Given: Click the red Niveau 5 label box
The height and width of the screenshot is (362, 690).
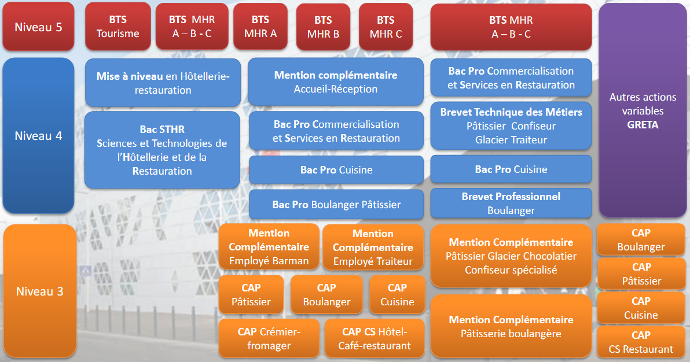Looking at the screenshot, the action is (x=38, y=27).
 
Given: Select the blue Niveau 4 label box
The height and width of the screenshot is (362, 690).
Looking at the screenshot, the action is (x=38, y=135).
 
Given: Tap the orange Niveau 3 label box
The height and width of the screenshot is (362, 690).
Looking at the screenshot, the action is (x=39, y=291).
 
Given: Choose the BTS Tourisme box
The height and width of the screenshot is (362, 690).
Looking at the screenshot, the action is (x=118, y=27).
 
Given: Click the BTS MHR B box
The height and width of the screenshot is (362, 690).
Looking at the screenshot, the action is (x=324, y=27).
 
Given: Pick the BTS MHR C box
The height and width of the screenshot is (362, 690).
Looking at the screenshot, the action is (x=386, y=27).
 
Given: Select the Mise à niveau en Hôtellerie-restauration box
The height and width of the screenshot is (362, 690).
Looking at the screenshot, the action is (x=163, y=83).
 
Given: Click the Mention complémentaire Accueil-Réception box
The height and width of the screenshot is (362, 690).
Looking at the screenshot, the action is (x=336, y=82).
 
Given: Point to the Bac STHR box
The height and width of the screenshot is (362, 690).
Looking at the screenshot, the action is (x=162, y=150).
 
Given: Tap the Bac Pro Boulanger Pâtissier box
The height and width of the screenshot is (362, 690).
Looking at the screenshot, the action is (x=336, y=205).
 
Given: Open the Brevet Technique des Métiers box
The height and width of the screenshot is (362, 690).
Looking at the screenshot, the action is (x=511, y=126).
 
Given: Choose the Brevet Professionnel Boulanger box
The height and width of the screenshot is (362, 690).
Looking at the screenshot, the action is (x=511, y=203).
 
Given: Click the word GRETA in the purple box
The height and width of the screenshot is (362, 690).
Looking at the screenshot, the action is (x=643, y=125).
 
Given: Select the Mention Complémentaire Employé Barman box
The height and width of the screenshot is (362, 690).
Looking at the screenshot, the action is (x=269, y=247).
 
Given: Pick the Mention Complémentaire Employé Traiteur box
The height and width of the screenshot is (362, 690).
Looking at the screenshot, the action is (x=373, y=247).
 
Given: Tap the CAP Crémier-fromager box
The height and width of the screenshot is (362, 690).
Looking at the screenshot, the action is (x=269, y=338).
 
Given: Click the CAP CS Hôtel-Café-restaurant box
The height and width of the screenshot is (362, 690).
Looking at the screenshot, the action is (x=375, y=338).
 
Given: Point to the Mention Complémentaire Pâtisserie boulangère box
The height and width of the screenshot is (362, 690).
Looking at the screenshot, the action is (x=511, y=326).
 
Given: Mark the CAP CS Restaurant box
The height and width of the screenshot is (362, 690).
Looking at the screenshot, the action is (x=641, y=342).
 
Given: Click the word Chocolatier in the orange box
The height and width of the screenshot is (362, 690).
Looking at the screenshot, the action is (x=550, y=256).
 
